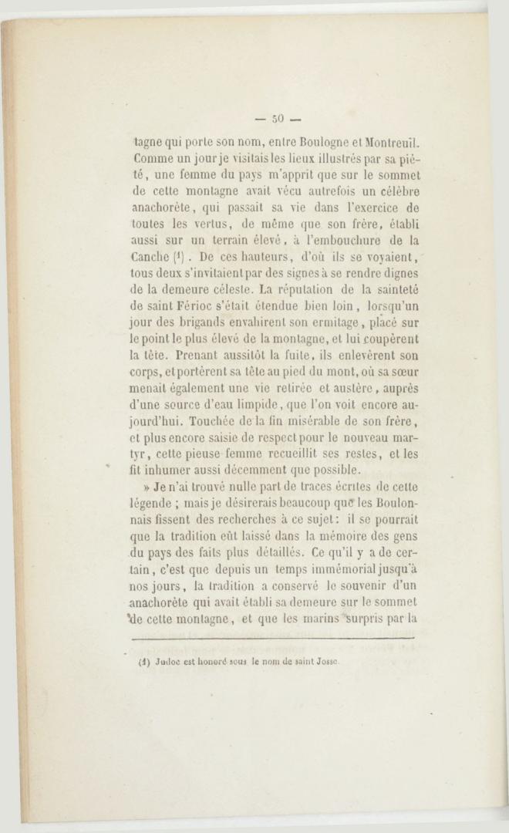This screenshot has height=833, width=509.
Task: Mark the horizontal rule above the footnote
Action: click(274, 638)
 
